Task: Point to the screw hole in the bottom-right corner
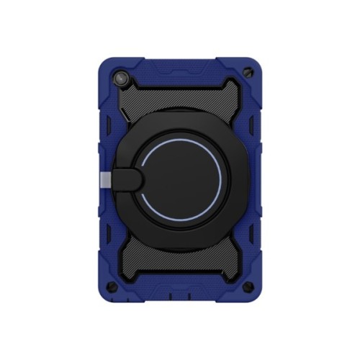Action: pyautogui.click(x=249, y=287)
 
